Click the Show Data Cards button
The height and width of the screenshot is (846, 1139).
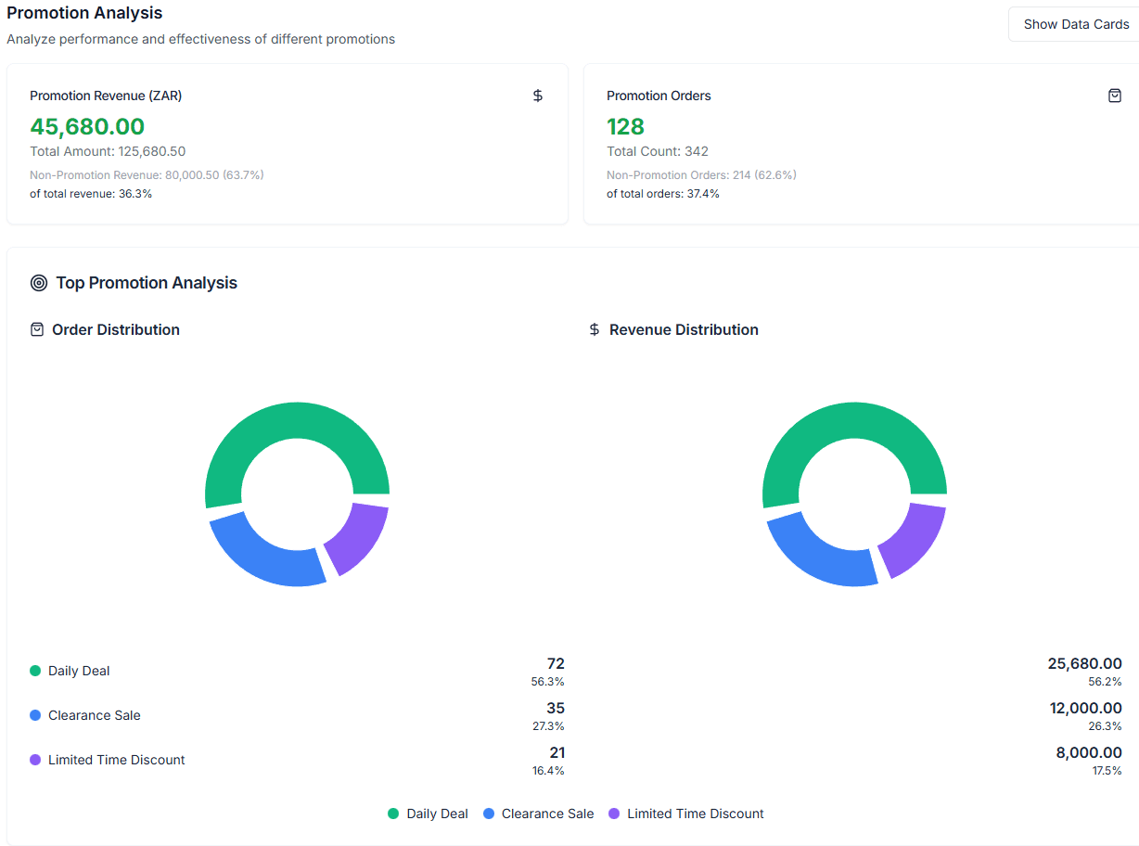pos(1076,24)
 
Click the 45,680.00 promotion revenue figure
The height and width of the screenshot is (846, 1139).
pos(87,126)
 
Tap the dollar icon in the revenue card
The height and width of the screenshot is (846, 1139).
pos(538,96)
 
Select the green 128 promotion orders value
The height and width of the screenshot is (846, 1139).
pos(625,126)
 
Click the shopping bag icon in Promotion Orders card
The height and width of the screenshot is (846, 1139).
pos(1115,96)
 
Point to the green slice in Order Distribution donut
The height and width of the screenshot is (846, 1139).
pos(297,420)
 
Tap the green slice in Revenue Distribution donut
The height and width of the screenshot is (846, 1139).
pos(854,420)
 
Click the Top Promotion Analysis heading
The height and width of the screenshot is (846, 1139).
pos(147,283)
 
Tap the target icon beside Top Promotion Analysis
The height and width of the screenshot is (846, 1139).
pos(38,283)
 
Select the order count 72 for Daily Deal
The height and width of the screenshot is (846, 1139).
pos(556,663)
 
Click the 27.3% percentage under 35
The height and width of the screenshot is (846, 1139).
pos(547,726)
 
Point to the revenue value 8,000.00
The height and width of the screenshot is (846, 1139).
pos(1088,752)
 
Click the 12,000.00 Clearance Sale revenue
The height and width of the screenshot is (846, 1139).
pos(1085,708)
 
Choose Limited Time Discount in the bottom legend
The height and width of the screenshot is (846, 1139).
pos(695,814)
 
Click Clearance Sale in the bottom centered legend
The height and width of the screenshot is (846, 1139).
pos(547,814)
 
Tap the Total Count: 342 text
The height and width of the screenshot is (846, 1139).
pos(658,151)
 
